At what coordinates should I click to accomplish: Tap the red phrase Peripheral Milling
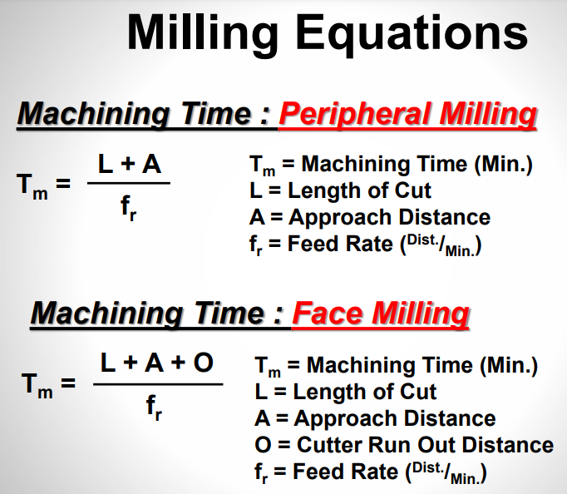click(407, 115)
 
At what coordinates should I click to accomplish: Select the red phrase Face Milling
click(381, 314)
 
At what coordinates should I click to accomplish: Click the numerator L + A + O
click(157, 363)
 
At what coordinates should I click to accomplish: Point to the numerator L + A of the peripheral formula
click(130, 164)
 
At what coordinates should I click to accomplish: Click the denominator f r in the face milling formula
click(155, 407)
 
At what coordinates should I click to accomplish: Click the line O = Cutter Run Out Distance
click(403, 445)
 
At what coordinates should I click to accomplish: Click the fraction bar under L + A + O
click(157, 383)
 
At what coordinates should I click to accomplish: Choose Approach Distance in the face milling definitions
click(394, 418)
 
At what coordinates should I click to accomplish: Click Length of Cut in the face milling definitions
click(365, 392)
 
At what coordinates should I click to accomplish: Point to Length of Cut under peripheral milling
click(359, 191)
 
